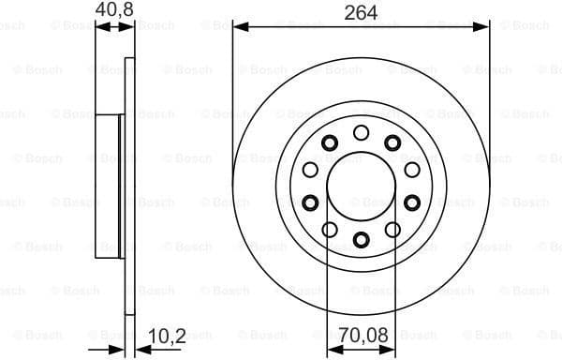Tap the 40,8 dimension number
114,11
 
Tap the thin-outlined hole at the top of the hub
361,132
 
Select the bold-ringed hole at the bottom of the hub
361,239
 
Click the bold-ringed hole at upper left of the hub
329,142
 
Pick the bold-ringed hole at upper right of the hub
392,142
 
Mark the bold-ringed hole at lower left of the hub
310,202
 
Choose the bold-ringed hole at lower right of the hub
411,202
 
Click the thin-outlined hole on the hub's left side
310,170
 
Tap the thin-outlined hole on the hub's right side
411,170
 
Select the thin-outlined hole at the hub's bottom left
330,229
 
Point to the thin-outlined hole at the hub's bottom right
392,229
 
